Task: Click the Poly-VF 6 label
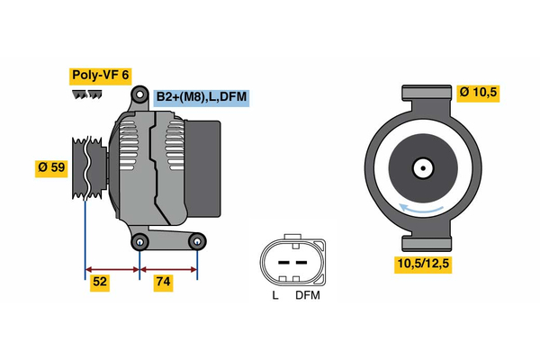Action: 100,76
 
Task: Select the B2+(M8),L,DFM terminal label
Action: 202,96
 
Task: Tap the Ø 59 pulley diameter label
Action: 50,167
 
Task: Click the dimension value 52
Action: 100,282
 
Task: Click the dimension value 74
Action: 163,282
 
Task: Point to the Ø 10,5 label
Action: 479,93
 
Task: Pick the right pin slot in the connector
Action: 301,262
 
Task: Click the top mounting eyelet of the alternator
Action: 139,94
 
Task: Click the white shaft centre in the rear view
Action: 422,167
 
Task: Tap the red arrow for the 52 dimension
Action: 112,268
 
